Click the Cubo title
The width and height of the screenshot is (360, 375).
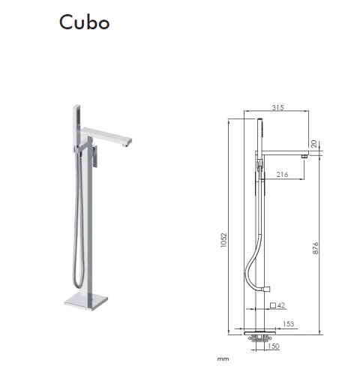tap(84, 22)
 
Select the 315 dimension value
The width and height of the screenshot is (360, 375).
tap(277, 107)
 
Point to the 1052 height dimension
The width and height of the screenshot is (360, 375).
tap(223, 240)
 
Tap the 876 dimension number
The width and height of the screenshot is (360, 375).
tap(316, 248)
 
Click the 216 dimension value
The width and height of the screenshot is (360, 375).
tap(282, 174)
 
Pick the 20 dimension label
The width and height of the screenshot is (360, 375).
tap(313, 144)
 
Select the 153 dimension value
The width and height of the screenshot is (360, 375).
tap(288, 324)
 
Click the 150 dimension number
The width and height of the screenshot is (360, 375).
tap(274, 346)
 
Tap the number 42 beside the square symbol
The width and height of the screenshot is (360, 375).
tap(281, 305)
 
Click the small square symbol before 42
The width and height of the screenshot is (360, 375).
tap(273, 305)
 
